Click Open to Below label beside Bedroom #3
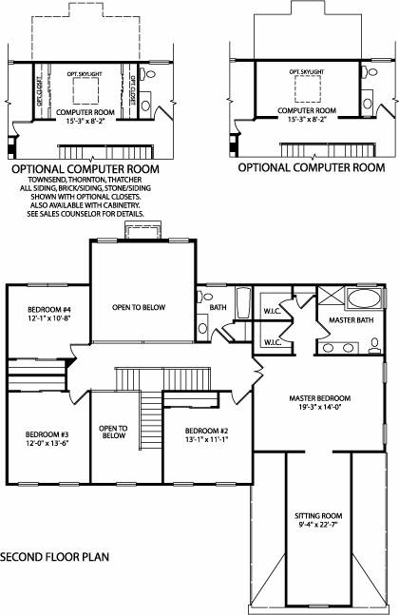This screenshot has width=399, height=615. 113,432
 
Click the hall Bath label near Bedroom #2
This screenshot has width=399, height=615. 218,307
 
